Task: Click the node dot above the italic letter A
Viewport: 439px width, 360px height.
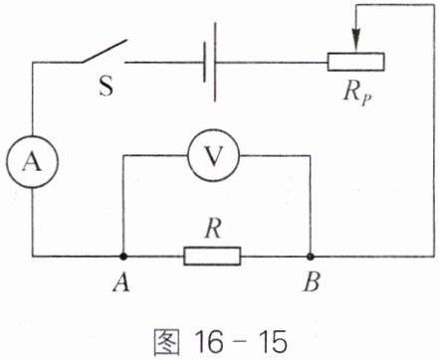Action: (x=123, y=257)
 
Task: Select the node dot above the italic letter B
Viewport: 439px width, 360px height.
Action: (x=311, y=257)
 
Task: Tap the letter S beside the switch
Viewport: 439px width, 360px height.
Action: (x=107, y=86)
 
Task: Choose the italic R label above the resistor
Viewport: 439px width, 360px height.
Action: (x=213, y=229)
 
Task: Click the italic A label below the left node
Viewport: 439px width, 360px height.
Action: (x=121, y=282)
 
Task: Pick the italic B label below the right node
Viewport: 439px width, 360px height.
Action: (x=312, y=282)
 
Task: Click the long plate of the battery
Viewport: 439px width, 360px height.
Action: (x=215, y=62)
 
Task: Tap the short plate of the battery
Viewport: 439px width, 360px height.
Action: (x=204, y=62)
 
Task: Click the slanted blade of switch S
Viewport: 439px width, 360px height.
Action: (x=105, y=51)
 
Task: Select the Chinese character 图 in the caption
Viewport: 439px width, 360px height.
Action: (x=166, y=342)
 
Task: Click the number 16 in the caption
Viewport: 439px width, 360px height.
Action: (x=209, y=342)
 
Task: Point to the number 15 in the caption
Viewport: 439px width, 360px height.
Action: (x=273, y=342)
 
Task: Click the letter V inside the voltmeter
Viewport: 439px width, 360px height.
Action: (x=213, y=156)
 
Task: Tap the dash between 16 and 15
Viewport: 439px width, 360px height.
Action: (x=241, y=343)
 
